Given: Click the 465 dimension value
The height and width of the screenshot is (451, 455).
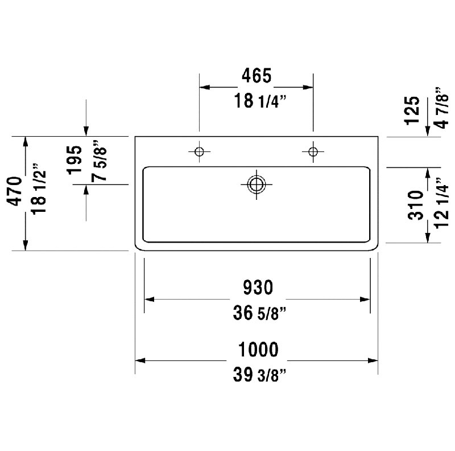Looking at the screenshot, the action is (257, 76).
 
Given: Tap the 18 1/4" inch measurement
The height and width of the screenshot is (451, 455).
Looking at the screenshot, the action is (260, 101).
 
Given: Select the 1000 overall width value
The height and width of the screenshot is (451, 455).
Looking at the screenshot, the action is (258, 349).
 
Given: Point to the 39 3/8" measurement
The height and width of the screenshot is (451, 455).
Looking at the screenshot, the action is (259, 375).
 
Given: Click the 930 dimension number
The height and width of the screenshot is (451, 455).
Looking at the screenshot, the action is (258, 287).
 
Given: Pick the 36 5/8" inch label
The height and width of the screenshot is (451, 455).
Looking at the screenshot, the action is (259, 313).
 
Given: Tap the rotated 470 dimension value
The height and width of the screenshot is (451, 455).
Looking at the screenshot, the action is (15, 191).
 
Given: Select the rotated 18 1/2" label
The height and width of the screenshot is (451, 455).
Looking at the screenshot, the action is (39, 189).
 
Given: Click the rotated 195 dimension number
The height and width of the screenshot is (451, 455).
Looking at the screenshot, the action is (75, 160).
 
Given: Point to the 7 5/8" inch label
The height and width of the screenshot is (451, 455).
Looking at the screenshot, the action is (99, 161).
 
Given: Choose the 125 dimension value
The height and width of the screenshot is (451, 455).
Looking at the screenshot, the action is (412, 110).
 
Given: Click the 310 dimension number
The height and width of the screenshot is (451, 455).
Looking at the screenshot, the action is (416, 205).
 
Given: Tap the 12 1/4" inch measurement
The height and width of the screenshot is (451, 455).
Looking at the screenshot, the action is (442, 203).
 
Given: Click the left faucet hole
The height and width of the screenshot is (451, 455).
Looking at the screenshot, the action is (199, 151).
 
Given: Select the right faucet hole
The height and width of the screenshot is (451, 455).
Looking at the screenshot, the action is (313, 151).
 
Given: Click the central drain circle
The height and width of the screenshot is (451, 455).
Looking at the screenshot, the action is (257, 184).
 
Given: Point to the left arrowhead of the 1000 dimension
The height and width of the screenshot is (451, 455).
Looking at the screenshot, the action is (140, 360).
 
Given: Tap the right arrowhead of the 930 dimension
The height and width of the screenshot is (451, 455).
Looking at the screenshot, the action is (365, 300).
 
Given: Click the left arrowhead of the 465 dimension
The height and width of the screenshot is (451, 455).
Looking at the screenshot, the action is (205, 87).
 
